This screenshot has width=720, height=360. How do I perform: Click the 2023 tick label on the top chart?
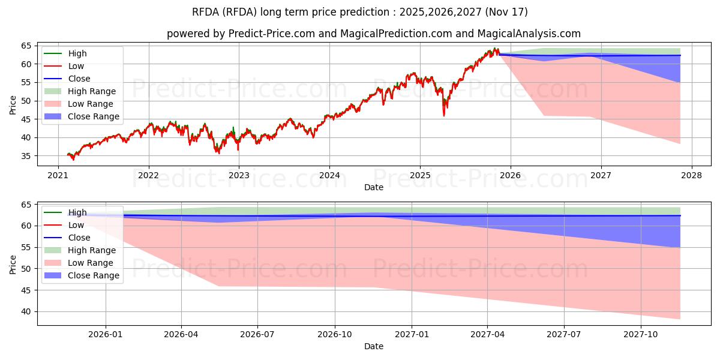click(239, 175)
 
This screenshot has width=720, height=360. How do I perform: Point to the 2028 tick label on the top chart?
click(692, 175)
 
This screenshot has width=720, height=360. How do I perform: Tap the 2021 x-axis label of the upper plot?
click(58, 175)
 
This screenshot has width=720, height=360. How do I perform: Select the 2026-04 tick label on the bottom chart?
click(181, 335)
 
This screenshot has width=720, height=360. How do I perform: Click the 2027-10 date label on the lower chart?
click(641, 335)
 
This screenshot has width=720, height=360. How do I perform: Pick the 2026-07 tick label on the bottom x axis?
click(257, 335)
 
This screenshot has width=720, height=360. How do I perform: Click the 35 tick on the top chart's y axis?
click(26, 156)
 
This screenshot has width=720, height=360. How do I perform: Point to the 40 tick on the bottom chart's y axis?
click(26, 312)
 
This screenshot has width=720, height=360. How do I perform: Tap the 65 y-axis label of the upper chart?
click(26, 46)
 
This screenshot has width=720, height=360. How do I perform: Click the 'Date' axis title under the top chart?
click(373, 187)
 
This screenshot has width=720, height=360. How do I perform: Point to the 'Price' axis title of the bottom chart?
click(13, 265)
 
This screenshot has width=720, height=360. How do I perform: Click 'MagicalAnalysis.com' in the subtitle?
click(529, 34)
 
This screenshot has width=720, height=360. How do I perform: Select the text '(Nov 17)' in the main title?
click(506, 12)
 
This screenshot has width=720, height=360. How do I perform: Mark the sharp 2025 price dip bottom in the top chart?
click(444, 115)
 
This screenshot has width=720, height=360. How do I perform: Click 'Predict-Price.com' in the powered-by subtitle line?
click(272, 34)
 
